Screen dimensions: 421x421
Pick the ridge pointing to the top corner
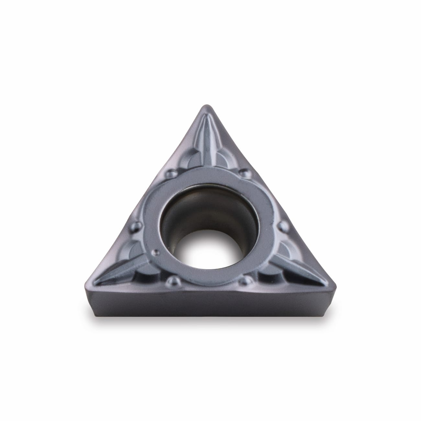209,139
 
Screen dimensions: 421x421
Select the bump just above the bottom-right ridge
285,224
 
